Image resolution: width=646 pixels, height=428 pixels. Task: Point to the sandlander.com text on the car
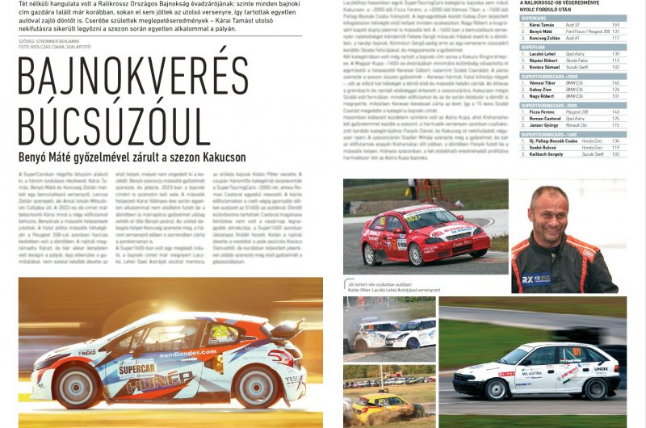[188, 352]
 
